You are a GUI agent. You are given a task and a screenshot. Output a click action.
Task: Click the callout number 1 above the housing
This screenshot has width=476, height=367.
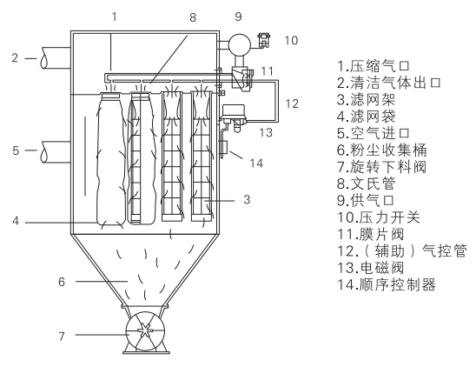114,17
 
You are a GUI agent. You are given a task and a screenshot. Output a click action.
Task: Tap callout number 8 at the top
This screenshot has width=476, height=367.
193,17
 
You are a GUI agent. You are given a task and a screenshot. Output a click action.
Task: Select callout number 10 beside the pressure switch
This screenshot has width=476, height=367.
291,41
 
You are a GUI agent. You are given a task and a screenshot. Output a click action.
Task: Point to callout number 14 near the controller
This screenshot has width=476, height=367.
256,163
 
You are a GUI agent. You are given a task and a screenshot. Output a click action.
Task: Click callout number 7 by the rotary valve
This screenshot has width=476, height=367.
62,337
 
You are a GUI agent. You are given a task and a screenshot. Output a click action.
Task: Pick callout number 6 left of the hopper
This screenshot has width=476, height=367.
62,282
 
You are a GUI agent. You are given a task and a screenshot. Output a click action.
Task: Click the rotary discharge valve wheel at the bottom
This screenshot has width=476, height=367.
145,330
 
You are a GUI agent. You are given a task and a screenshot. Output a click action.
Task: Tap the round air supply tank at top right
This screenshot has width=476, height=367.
240,44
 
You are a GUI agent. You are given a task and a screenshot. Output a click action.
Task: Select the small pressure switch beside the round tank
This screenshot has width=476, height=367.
263,40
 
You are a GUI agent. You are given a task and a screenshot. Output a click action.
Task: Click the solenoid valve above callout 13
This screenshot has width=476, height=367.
234,117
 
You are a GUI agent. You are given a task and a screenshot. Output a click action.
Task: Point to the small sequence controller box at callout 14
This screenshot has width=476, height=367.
224,148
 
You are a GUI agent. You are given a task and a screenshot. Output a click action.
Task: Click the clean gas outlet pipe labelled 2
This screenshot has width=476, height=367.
56,58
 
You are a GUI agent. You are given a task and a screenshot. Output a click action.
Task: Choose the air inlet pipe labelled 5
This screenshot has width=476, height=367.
56,152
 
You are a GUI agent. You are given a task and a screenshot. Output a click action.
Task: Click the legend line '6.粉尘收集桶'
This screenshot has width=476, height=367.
382,150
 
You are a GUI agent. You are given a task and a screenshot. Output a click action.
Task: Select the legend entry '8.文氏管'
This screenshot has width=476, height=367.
366,183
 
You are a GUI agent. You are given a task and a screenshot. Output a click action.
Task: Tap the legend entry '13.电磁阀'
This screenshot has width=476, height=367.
371,268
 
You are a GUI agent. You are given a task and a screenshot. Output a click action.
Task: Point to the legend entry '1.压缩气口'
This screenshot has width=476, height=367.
374,66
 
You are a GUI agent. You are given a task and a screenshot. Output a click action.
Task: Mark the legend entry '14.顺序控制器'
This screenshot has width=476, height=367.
387,285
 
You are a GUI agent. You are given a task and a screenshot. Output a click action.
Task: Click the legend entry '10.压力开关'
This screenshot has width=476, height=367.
379,217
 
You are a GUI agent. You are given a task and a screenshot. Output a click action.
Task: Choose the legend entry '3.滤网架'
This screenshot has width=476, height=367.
366,99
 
